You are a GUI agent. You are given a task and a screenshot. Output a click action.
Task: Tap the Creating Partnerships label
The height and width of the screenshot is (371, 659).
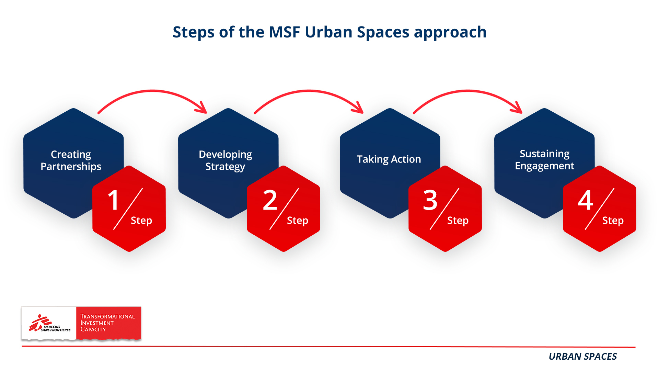[x=71, y=160]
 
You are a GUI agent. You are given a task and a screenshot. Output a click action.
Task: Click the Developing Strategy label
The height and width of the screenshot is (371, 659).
[x=226, y=160]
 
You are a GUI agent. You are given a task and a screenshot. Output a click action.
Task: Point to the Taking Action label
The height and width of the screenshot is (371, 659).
[x=389, y=159]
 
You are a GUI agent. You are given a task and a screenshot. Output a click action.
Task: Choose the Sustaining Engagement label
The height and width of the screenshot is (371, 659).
[x=544, y=160]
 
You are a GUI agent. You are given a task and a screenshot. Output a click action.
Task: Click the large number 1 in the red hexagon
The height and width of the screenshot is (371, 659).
[x=114, y=200]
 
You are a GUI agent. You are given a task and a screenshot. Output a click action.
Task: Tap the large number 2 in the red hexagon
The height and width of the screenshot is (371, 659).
[x=270, y=200]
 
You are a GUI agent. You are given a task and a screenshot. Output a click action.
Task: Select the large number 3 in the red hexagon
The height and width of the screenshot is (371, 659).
[x=430, y=200]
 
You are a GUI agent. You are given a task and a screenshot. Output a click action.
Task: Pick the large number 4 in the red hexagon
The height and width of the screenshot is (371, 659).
[x=586, y=200]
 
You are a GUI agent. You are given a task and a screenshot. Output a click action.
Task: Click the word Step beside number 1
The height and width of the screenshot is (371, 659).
[x=141, y=221]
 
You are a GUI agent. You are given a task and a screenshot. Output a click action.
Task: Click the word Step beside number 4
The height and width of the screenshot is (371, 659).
[x=613, y=221]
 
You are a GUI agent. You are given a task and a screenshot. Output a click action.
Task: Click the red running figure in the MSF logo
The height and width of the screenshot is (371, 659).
[x=38, y=323]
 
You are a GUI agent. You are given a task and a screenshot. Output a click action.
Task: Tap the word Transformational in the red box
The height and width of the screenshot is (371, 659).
[x=107, y=316]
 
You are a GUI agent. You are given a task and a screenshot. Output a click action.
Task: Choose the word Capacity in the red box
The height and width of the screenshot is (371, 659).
[x=93, y=329]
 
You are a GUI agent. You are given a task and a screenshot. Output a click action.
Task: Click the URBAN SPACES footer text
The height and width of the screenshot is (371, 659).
[x=582, y=357]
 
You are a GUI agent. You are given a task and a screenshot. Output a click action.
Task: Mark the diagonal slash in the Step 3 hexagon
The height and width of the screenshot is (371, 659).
[x=444, y=209]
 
